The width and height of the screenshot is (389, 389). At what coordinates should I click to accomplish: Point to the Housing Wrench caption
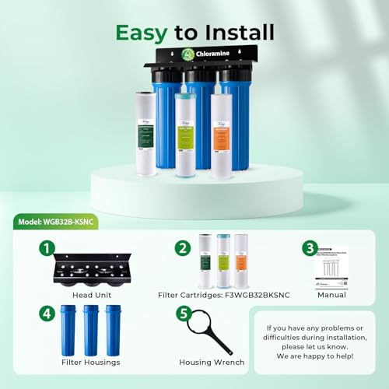[211, 362]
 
